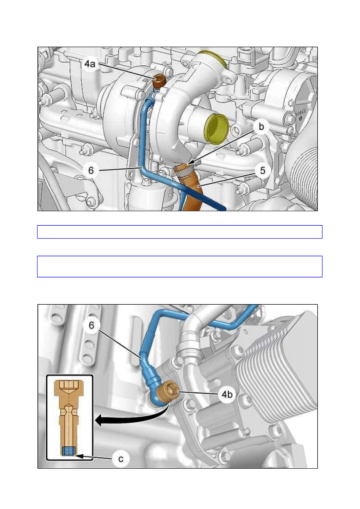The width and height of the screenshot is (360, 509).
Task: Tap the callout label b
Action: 261,127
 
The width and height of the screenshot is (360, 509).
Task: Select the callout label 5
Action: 262,170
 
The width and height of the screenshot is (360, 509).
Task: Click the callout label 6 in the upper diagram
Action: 91,170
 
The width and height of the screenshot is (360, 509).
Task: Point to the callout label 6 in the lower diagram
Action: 91,325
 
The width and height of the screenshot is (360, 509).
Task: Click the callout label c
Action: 121,459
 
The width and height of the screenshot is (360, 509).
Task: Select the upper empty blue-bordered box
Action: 179,232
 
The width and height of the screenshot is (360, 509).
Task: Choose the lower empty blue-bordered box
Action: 179,266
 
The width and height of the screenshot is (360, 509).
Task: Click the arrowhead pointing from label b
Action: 190,162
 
